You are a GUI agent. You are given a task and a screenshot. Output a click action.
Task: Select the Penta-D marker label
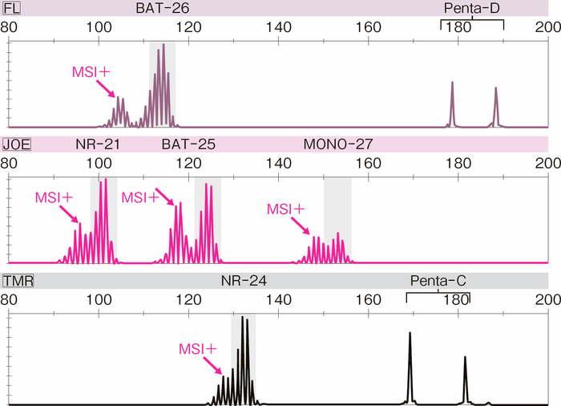coord(472,8)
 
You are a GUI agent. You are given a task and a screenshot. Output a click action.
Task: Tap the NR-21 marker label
coord(99,144)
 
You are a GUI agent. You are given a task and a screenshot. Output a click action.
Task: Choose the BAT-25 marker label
coord(188,144)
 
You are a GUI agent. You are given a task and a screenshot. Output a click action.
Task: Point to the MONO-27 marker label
coord(337,144)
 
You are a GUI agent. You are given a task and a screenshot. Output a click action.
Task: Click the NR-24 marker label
coord(244,281)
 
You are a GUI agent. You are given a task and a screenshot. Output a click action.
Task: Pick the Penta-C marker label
coord(438,281)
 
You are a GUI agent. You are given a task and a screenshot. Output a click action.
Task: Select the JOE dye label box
coord(16,144)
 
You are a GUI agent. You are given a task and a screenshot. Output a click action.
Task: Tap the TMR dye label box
coord(18,281)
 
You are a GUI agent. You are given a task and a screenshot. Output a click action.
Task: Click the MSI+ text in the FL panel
coord(91,72)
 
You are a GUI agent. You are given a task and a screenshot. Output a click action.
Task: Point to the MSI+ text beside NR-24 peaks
coord(197,349)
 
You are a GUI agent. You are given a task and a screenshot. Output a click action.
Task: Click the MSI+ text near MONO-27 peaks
coord(286,209)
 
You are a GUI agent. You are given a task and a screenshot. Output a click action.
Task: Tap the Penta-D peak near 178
coord(452,104)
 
